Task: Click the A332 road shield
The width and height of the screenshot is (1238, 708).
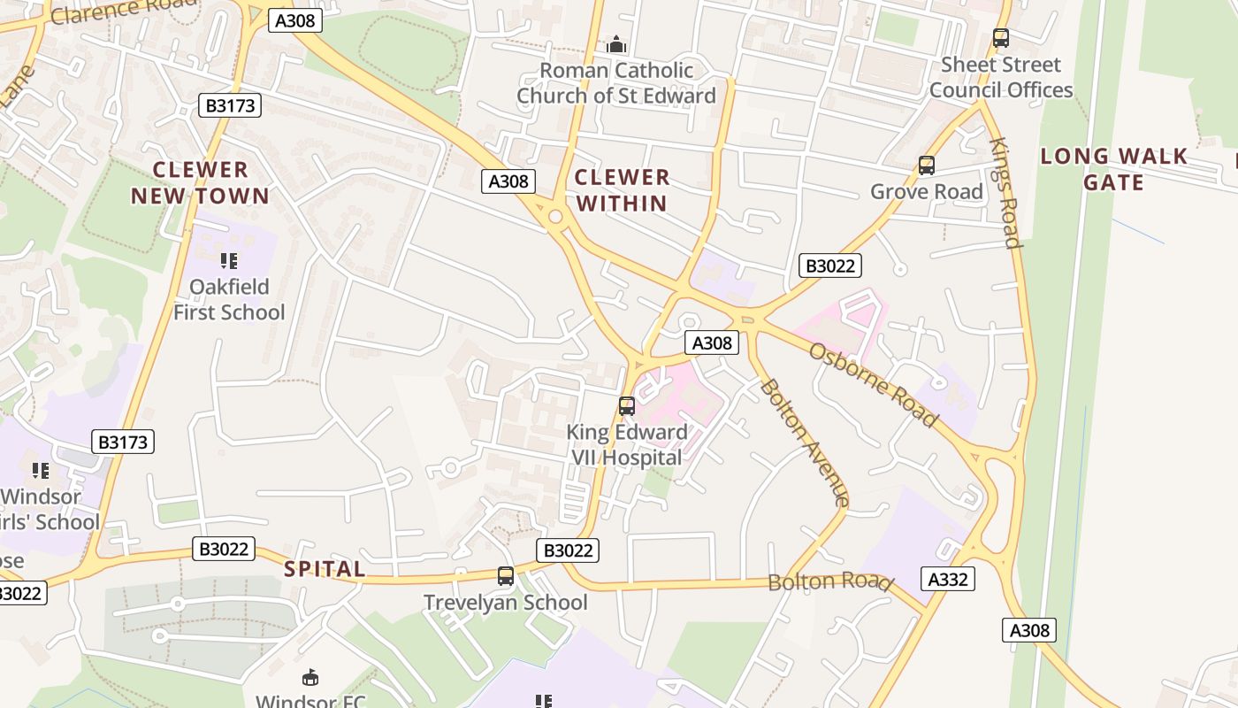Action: [950, 579]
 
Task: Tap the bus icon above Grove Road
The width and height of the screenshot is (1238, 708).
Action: [926, 165]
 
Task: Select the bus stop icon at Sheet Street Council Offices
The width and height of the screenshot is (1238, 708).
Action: [1000, 38]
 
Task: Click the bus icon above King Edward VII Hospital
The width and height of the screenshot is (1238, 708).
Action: [627, 406]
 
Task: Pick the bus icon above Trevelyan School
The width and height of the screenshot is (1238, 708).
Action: [506, 576]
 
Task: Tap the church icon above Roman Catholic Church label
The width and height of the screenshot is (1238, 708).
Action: [616, 44]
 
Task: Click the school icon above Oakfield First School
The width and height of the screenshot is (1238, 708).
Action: [229, 261]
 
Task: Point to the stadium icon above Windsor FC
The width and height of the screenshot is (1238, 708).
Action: [310, 678]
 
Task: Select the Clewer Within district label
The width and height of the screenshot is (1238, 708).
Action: [622, 190]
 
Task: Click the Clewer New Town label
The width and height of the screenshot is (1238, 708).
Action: [201, 183]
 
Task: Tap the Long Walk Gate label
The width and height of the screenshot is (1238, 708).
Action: [1113, 169]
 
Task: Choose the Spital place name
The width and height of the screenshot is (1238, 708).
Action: [325, 569]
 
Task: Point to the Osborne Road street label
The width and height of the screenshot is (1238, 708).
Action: [873, 384]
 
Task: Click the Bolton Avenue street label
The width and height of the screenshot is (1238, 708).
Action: [804, 442]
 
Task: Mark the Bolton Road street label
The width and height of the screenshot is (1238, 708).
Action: [829, 581]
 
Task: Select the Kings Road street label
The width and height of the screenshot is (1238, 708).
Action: [1005, 192]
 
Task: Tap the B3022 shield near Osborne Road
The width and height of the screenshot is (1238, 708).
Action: [829, 265]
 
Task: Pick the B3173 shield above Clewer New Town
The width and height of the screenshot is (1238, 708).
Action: [230, 106]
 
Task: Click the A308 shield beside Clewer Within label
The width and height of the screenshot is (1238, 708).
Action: [509, 181]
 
